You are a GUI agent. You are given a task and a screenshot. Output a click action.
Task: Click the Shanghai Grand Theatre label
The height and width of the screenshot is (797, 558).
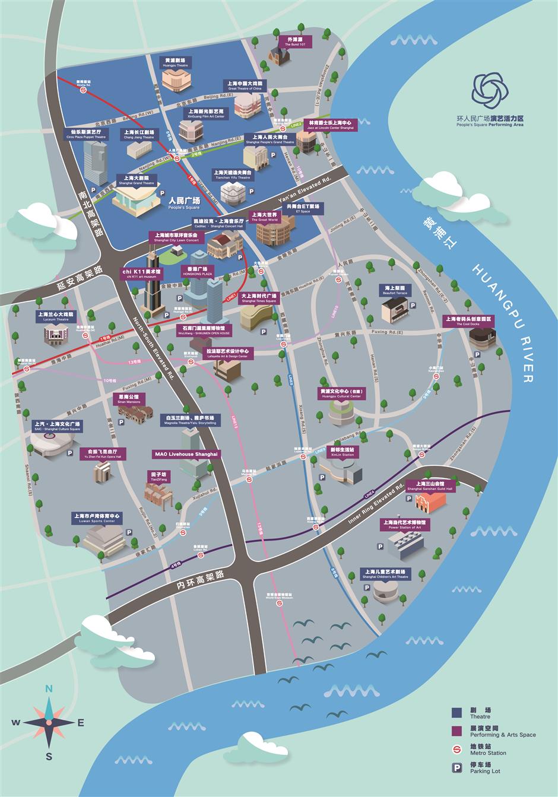[136, 180]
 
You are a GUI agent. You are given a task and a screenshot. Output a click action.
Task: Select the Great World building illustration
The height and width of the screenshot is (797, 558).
[275, 230]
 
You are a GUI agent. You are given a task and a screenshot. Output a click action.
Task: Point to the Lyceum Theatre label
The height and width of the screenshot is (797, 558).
[56, 316]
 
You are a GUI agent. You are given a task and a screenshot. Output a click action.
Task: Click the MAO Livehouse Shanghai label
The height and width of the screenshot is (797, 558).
[186, 454]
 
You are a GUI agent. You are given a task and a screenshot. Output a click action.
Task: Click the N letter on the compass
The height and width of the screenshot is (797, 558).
[49, 689]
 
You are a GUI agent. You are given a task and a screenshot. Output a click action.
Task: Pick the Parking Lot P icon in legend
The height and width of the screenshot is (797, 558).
[456, 767]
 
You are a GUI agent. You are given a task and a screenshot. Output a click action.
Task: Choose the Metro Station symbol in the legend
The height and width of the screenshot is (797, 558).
[456, 749]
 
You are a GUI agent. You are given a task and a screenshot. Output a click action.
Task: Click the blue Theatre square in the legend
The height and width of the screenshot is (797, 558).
[456, 712]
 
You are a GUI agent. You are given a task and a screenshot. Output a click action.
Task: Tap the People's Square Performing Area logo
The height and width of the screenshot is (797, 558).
[490, 90]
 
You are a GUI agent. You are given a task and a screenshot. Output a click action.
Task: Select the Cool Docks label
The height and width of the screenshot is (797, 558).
[470, 321]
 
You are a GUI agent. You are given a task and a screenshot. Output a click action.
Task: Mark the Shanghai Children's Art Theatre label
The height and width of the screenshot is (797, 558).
[385, 574]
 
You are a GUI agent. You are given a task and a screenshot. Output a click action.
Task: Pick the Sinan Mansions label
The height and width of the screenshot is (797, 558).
[129, 399]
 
